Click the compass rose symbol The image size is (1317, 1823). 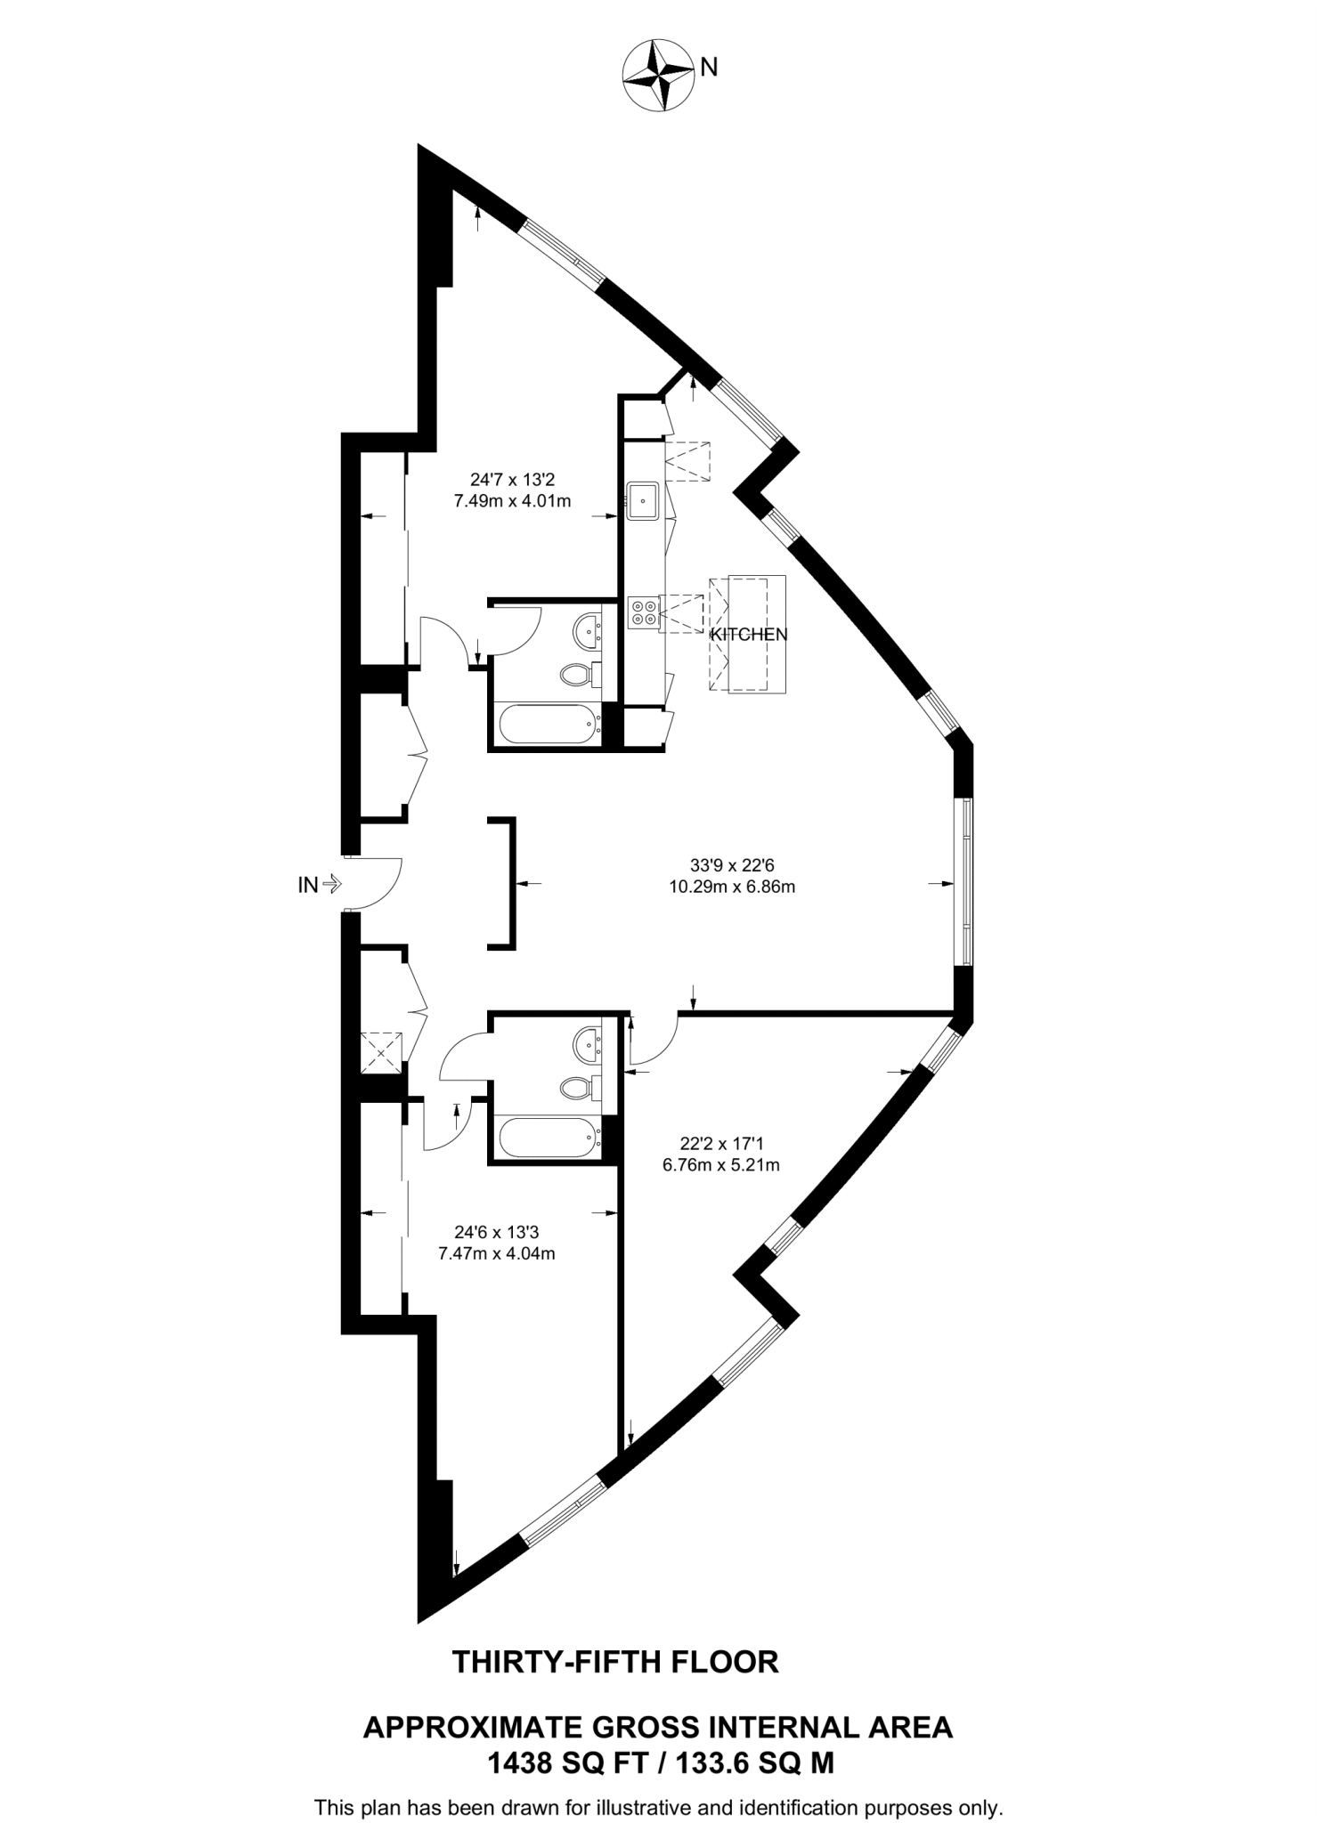point(659,76)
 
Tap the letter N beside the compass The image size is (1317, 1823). point(709,68)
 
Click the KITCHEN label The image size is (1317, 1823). point(748,635)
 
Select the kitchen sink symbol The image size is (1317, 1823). point(642,500)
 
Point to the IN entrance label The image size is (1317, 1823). point(309,885)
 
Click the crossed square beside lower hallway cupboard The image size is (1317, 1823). point(382,1052)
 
